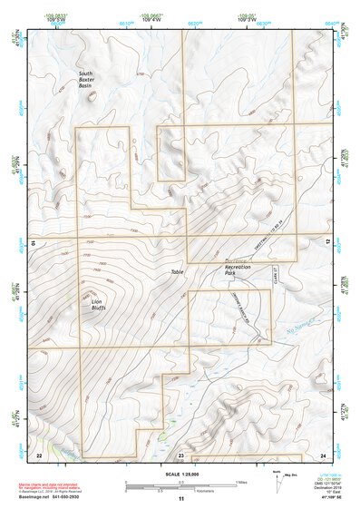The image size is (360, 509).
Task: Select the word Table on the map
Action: tap(177, 272)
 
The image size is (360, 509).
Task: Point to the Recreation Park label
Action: tap(244, 269)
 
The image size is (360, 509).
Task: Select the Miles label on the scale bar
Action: tap(241, 481)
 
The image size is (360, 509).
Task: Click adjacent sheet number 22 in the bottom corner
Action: tap(38, 454)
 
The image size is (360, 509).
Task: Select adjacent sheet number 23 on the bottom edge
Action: tap(180, 454)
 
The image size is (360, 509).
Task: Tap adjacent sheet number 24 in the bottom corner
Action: tap(323, 454)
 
